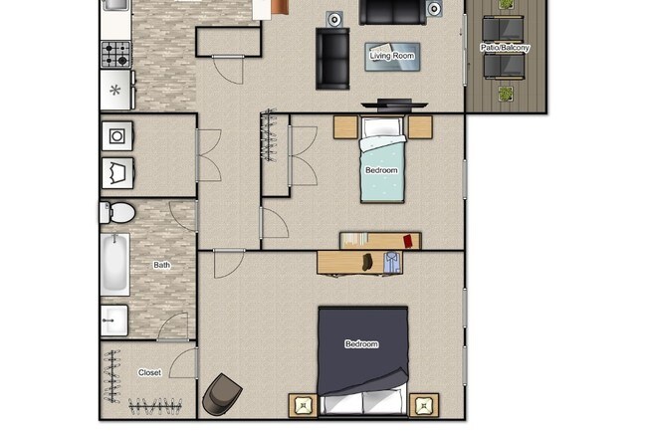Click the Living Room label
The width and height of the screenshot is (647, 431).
391,56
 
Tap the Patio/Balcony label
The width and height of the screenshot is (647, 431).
505,48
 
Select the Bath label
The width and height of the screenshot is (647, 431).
161,266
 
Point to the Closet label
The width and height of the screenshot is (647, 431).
149,373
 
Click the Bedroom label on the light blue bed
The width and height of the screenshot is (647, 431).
381,170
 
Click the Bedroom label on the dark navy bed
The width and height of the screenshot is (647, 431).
361,344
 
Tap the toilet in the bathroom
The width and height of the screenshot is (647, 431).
117,212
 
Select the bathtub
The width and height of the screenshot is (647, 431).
113,264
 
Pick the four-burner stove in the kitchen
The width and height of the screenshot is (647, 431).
116,53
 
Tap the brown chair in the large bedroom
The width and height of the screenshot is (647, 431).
220,394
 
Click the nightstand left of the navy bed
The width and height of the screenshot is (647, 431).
303,405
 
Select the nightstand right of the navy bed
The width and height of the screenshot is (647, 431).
424,405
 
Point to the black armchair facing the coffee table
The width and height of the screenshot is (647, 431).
332,58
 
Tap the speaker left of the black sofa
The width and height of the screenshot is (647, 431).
335,17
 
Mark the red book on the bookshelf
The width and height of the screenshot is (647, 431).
409,240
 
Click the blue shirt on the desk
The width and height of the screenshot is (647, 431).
391,262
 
